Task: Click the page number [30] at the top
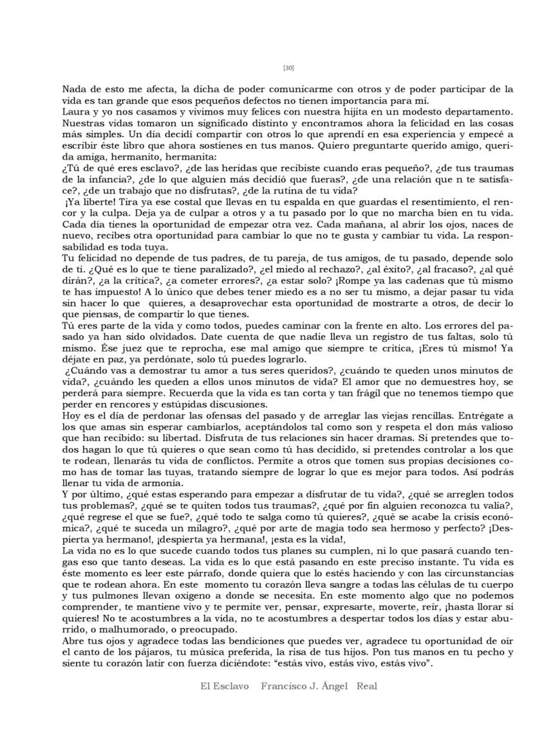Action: coord(288,68)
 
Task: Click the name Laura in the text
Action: coord(76,111)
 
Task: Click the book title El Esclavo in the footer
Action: coord(224,686)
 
